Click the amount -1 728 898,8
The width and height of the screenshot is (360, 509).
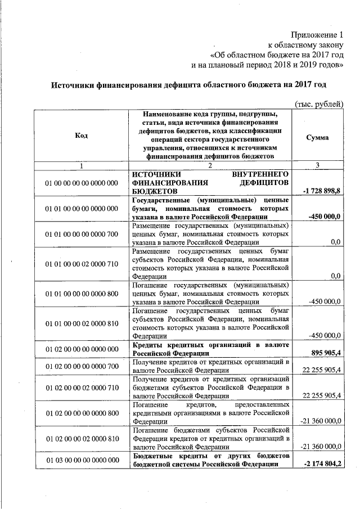[x=321, y=192]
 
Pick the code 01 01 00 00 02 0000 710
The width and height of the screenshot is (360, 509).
[x=82, y=263]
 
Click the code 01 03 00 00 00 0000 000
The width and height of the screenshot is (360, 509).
[x=82, y=460]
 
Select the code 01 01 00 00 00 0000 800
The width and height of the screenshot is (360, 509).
[x=82, y=293]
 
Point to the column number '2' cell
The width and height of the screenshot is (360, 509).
[x=210, y=165]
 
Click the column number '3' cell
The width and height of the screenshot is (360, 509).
[x=318, y=165]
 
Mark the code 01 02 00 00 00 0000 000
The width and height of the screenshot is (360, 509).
[x=82, y=348]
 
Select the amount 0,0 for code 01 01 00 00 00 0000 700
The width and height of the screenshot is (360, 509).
[x=336, y=242]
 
